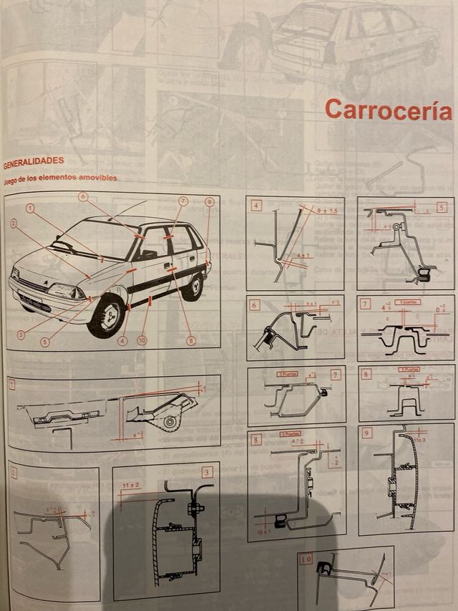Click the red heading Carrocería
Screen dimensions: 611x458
[x=388, y=110]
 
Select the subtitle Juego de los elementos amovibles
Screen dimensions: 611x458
[x=60, y=178]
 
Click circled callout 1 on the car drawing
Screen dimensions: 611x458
[x=31, y=208]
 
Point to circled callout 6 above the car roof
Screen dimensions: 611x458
[x=83, y=196]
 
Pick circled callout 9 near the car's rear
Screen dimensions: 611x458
[x=209, y=203]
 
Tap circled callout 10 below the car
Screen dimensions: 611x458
[x=142, y=340]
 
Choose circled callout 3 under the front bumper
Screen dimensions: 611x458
[x=21, y=334]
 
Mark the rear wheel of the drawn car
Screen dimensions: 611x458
[x=192, y=286]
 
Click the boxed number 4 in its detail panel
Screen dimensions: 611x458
[x=256, y=206]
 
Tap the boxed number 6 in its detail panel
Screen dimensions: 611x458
[x=255, y=304]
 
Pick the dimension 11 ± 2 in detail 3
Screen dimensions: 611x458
[x=131, y=486]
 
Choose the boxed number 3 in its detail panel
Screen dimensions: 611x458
[x=207, y=472]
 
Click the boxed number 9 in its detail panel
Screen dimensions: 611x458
[x=367, y=433]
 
